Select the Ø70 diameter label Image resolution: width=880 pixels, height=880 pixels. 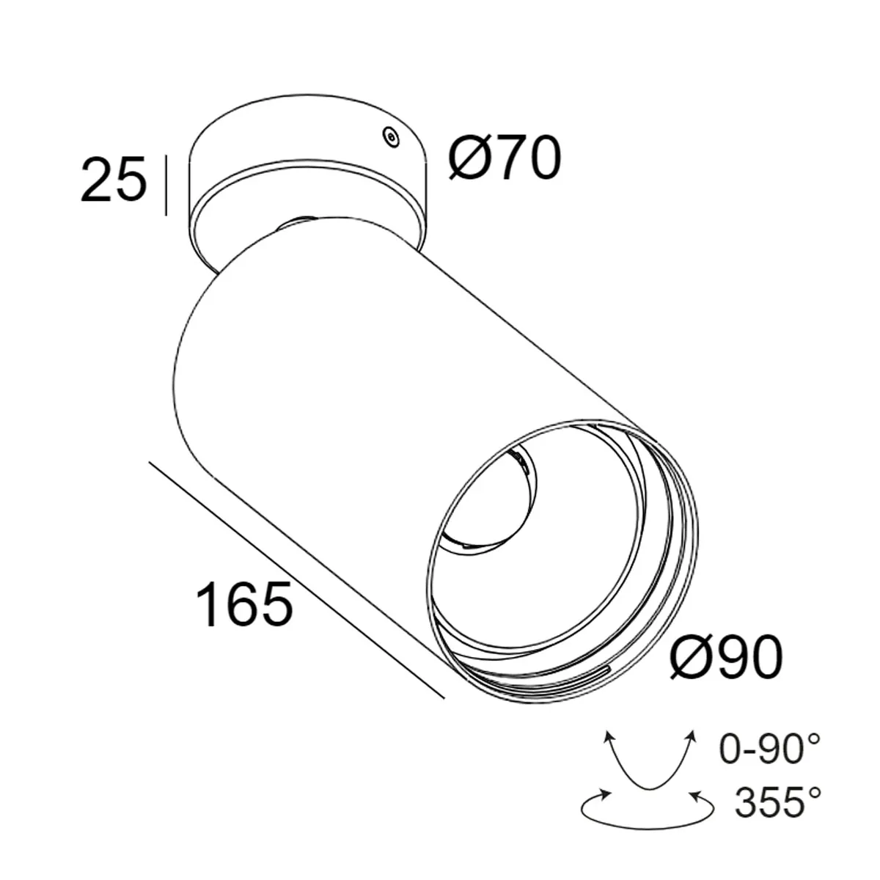505,159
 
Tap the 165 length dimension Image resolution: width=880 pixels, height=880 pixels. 244,604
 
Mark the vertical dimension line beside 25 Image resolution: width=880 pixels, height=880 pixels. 167,186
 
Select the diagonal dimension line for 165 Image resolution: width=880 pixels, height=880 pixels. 296,579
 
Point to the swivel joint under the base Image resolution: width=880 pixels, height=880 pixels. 297,221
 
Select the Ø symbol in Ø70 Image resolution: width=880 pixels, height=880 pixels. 469,159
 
